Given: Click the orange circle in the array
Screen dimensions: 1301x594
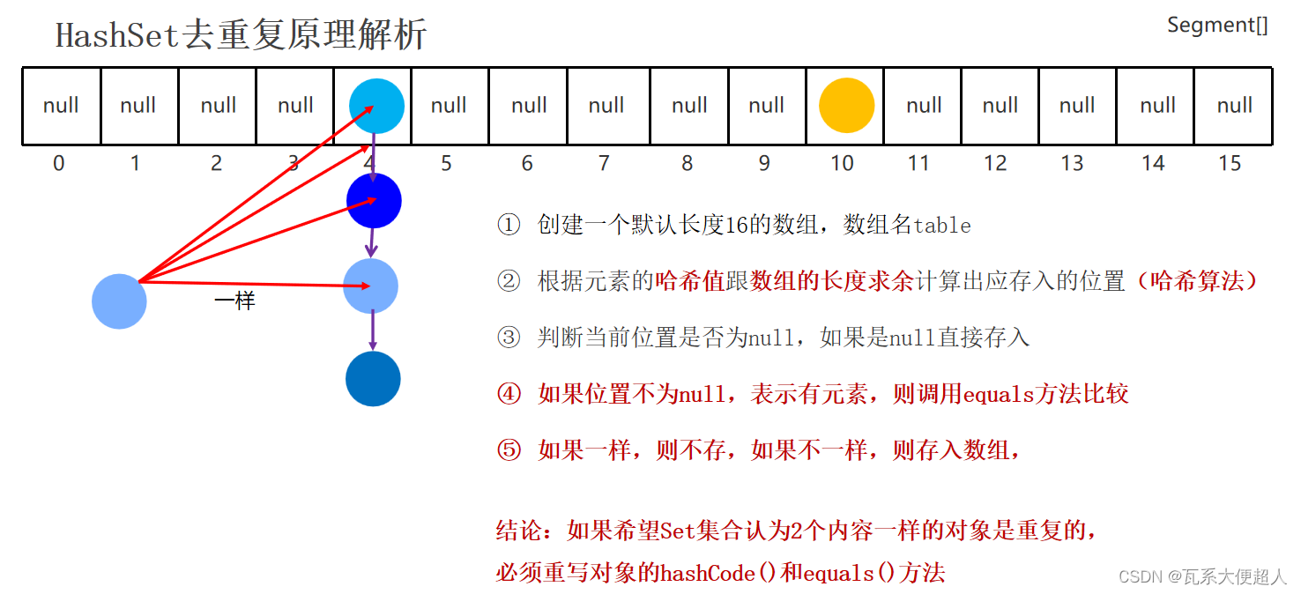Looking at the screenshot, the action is click(x=846, y=105).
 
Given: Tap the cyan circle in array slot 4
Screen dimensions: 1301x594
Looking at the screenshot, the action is click(x=376, y=105).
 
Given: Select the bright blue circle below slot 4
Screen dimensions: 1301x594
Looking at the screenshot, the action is click(x=374, y=201).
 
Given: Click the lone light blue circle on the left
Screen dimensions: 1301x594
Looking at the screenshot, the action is click(x=119, y=301).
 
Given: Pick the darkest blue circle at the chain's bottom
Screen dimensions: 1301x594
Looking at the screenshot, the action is click(x=373, y=379).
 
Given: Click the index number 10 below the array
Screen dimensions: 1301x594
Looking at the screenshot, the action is click(x=842, y=164).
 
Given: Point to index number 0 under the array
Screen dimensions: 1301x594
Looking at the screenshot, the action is click(x=58, y=164).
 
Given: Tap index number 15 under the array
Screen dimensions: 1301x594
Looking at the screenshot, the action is click(x=1229, y=164).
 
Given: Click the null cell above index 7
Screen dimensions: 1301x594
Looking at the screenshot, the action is click(x=606, y=106).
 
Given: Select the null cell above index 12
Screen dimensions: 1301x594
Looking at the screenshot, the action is click(x=1000, y=106).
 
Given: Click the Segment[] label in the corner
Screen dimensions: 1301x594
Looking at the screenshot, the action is click(x=1217, y=26).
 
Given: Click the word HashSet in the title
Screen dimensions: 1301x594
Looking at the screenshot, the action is click(x=118, y=35).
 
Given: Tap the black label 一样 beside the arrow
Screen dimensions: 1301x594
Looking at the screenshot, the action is click(x=234, y=301).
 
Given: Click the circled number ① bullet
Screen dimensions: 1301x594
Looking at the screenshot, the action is click(x=509, y=226).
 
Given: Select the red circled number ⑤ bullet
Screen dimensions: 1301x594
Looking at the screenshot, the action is click(x=509, y=450).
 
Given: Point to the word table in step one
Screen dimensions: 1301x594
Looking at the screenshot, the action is click(x=941, y=226).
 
